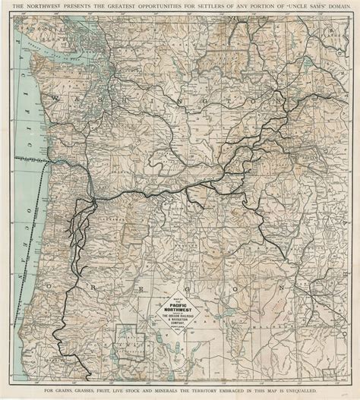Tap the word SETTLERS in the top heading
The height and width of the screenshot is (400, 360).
[x=201, y=8]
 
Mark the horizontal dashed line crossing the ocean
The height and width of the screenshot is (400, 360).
[x=30, y=161]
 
